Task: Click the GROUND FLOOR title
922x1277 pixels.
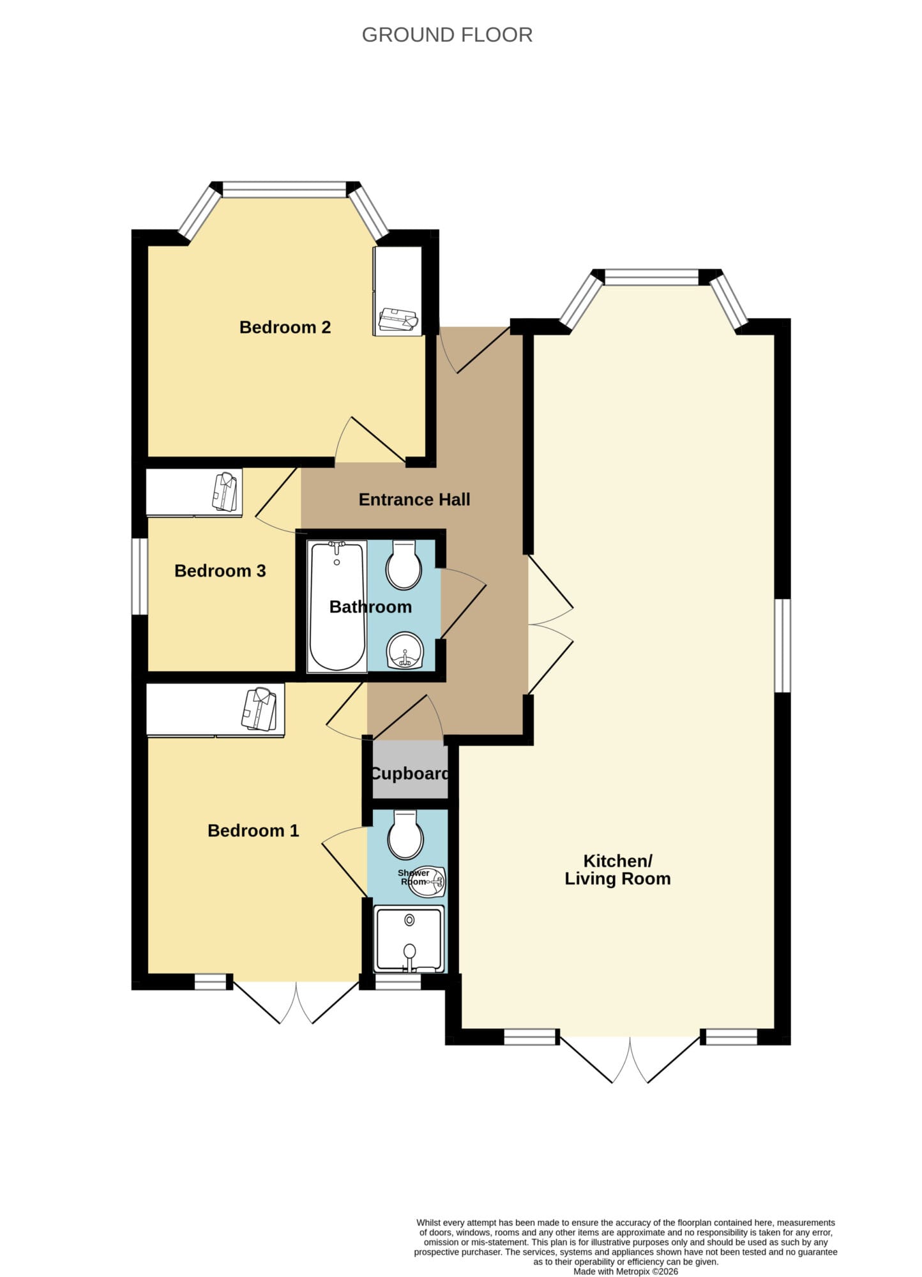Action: click(x=447, y=34)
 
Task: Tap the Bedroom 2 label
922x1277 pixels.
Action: click(x=285, y=327)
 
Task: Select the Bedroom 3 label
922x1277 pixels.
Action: click(x=220, y=570)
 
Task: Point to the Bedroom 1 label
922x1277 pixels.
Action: click(x=253, y=830)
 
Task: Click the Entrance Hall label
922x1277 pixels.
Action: click(x=414, y=499)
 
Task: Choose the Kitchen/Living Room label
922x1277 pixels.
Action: click(x=617, y=870)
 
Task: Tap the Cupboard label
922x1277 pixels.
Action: click(x=410, y=774)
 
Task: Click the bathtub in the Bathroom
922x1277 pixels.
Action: click(x=337, y=606)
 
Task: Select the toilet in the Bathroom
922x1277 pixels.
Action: click(x=404, y=565)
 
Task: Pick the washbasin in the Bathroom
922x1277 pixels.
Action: click(x=405, y=651)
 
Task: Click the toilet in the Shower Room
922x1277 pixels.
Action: click(x=405, y=835)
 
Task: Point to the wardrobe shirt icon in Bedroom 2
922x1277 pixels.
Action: click(x=398, y=321)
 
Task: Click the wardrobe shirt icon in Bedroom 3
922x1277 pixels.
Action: click(x=225, y=492)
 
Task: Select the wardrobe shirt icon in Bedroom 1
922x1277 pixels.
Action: click(x=259, y=708)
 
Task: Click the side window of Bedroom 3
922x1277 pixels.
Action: click(x=140, y=577)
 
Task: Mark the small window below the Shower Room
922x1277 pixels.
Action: click(x=398, y=981)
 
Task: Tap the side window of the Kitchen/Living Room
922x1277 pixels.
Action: click(x=783, y=646)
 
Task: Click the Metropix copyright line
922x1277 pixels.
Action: click(x=626, y=1271)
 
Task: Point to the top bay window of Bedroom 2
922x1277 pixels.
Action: click(x=284, y=189)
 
